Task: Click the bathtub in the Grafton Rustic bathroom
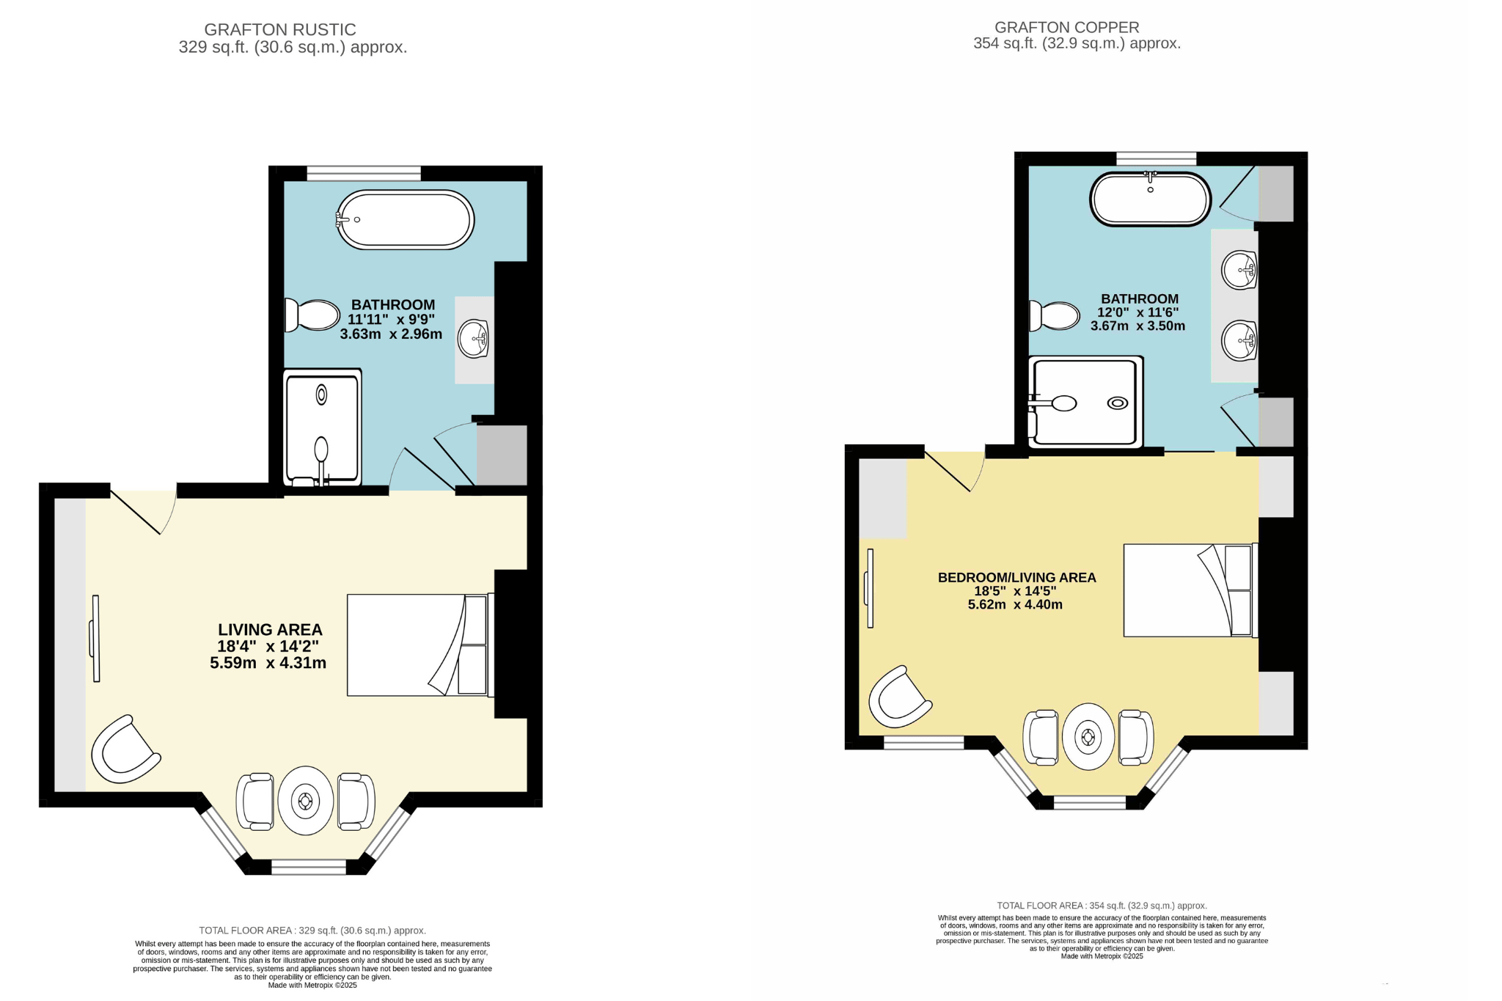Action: (406, 219)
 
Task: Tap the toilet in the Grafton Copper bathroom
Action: (1055, 315)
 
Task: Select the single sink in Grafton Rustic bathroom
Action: (474, 339)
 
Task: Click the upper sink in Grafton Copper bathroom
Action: (1239, 270)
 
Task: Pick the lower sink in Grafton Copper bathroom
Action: (1239, 341)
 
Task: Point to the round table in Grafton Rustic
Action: (306, 801)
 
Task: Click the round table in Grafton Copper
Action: (1088, 736)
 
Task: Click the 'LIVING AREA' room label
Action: (270, 629)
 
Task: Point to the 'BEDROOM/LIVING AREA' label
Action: (1016, 577)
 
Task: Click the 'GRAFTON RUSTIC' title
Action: (280, 29)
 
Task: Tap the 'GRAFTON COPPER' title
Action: (1066, 27)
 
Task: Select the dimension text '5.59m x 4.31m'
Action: (268, 663)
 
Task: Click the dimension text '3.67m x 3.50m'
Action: (1138, 326)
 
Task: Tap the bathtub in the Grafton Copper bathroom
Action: (1150, 199)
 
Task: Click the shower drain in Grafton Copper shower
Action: (1118, 403)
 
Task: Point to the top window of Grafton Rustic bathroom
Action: (364, 173)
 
